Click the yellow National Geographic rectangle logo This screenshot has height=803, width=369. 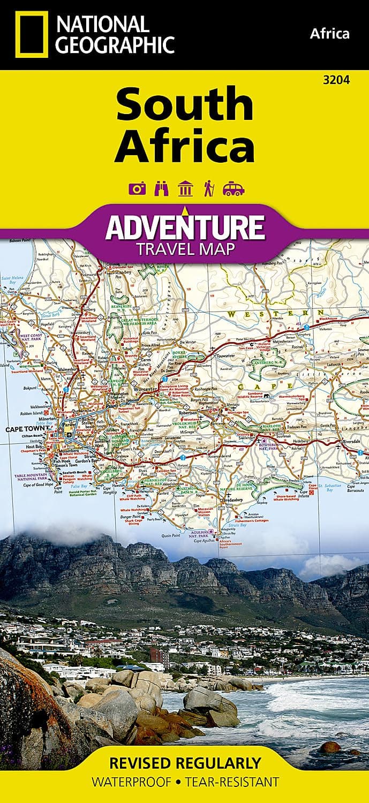tap(32, 34)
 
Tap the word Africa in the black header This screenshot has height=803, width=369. tap(329, 34)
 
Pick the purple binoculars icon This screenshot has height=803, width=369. tap(161, 189)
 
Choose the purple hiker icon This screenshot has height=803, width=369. tap(208, 189)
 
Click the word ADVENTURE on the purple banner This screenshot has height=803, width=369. tap(185, 228)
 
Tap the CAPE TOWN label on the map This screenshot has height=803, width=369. tap(24, 429)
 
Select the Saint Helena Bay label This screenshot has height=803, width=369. tap(12, 280)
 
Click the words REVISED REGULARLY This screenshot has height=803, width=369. tap(185, 762)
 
